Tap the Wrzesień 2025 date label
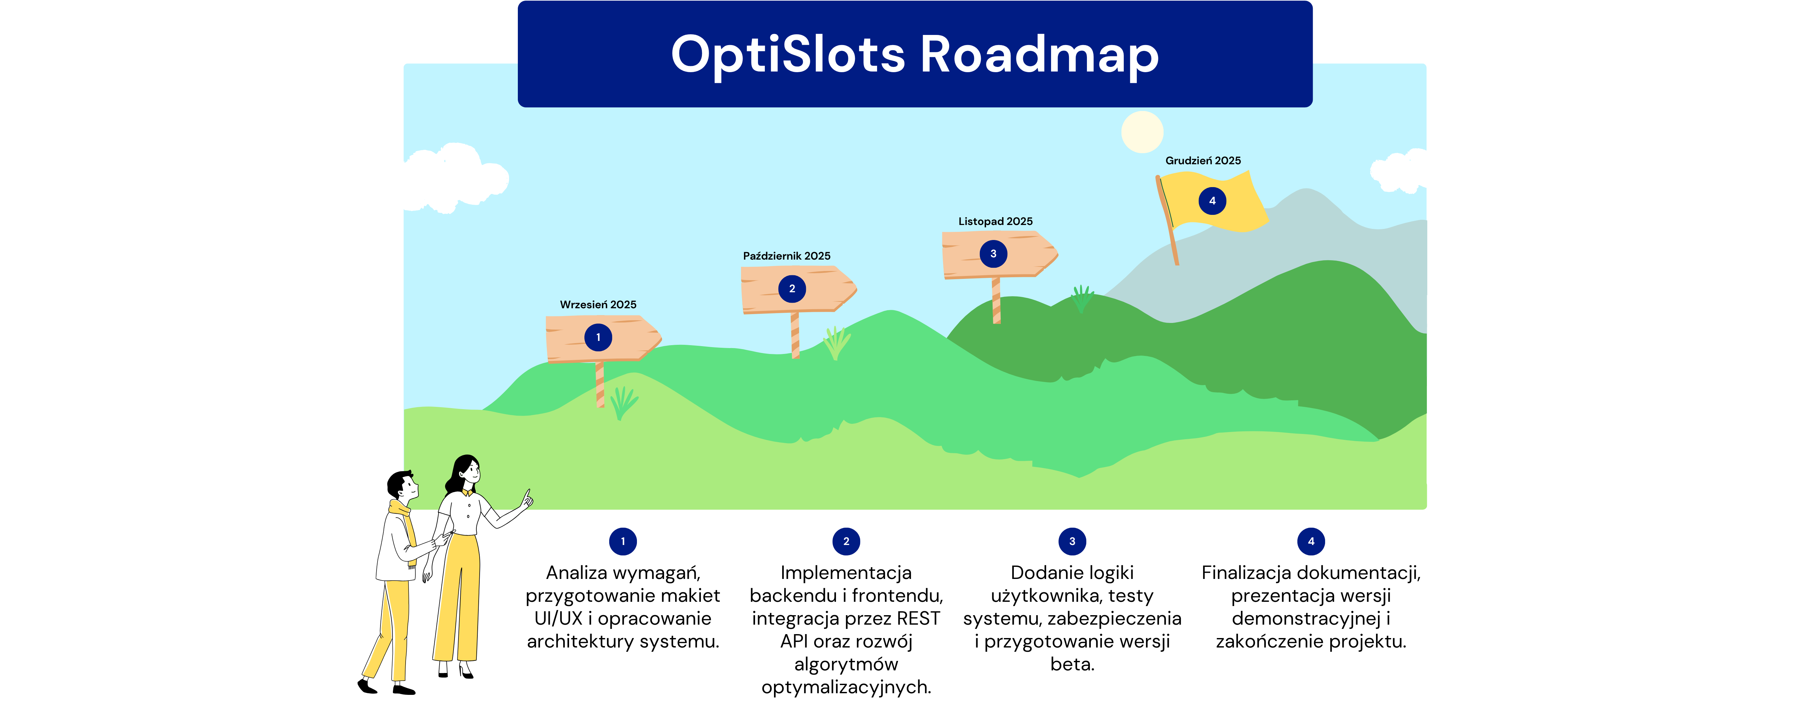(x=598, y=304)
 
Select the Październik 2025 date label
(x=786, y=256)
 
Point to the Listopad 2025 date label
(x=995, y=221)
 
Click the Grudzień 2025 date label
(x=1203, y=160)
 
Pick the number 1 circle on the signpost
(x=598, y=337)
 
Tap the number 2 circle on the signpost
(x=792, y=289)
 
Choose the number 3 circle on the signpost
(x=993, y=254)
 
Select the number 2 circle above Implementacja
(x=846, y=541)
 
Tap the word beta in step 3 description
(x=1072, y=664)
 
